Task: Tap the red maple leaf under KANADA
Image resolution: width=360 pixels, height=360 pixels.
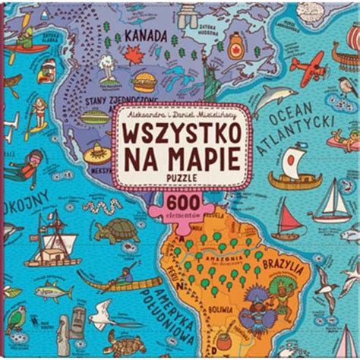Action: click(134, 55)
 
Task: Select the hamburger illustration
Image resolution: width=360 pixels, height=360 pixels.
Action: click(144, 81)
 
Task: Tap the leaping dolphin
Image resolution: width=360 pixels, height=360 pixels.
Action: click(273, 96)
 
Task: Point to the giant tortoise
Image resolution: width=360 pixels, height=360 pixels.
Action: click(118, 229)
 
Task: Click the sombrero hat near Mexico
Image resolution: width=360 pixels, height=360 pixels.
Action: click(97, 154)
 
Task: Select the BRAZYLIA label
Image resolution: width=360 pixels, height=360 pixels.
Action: click(286, 265)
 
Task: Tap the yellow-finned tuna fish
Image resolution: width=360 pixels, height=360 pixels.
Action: click(54, 288)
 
